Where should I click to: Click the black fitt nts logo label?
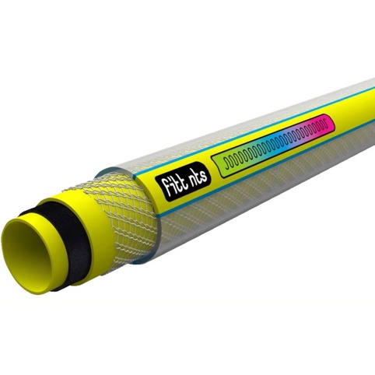(183, 181)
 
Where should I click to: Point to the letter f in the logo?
(163, 188)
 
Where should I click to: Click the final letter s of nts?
(205, 175)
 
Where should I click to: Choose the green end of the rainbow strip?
(223, 163)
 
